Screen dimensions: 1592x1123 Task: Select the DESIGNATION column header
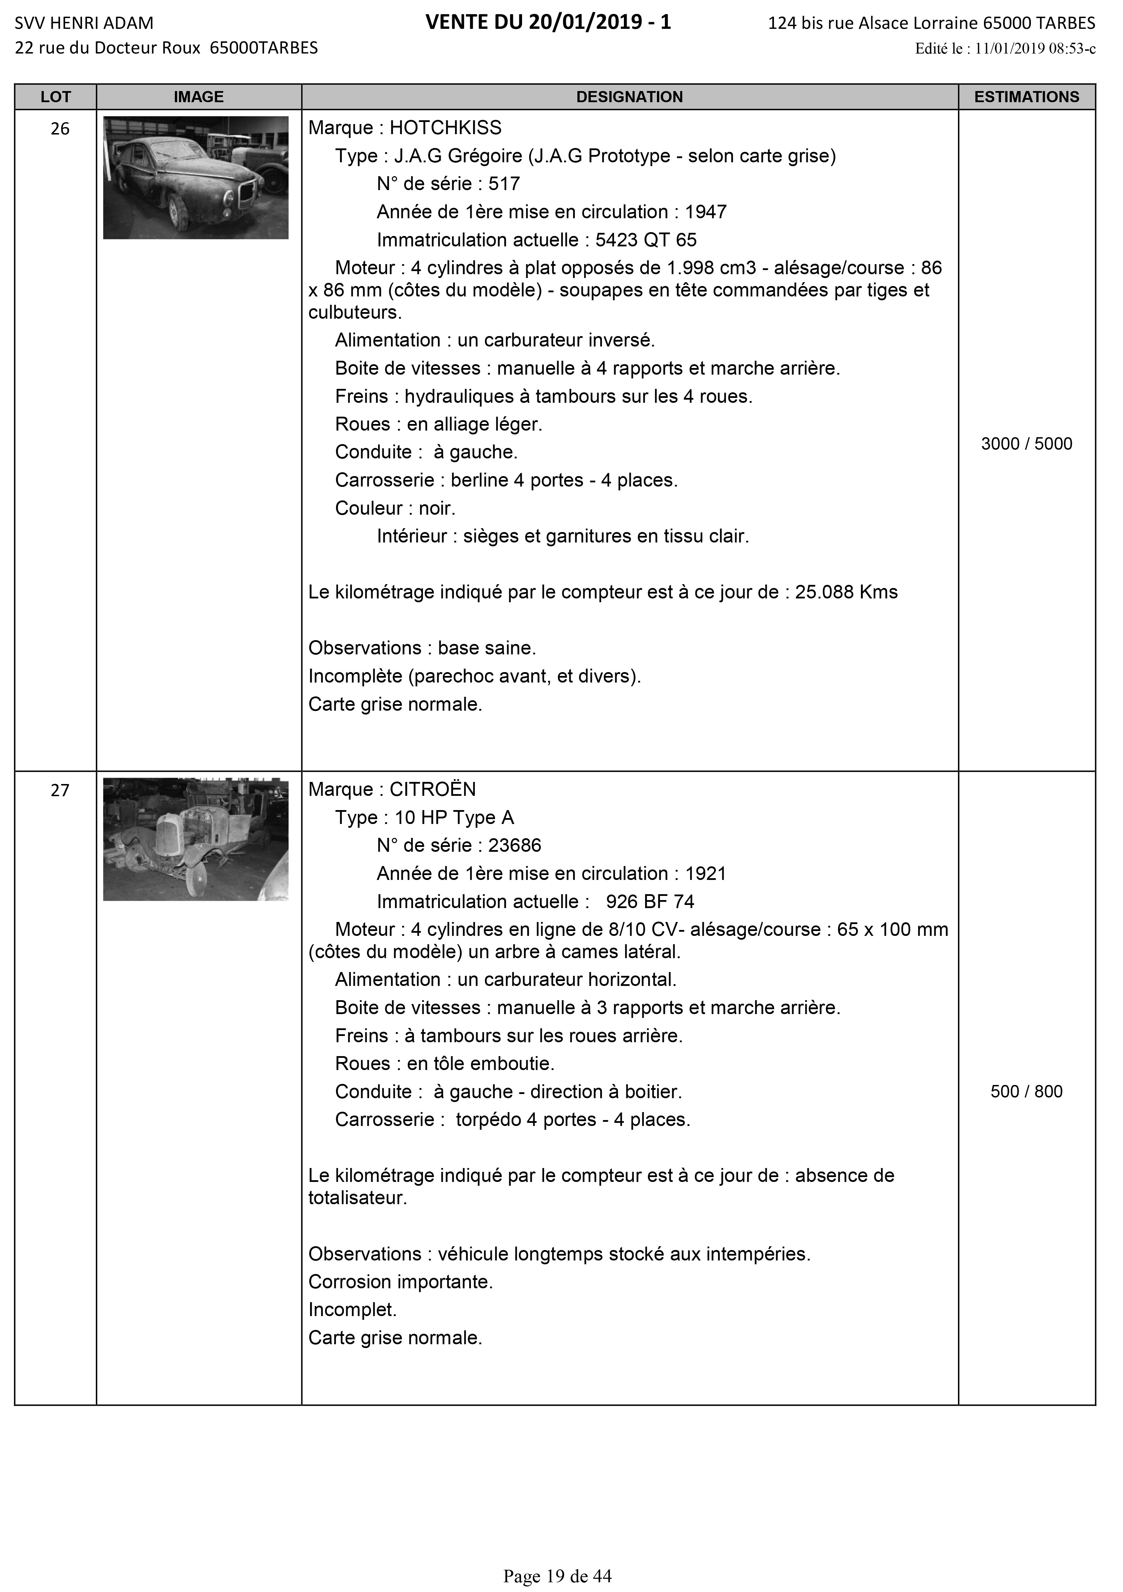629,97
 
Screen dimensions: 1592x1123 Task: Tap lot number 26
60,129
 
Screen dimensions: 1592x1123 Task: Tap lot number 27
60,791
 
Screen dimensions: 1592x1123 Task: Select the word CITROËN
433,790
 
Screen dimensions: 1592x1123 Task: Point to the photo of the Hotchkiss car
196,178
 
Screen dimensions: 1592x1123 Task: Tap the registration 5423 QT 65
646,240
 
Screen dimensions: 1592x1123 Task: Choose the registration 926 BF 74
650,902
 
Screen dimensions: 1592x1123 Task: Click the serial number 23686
515,846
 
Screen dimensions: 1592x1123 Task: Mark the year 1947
706,212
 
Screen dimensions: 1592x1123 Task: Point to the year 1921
706,874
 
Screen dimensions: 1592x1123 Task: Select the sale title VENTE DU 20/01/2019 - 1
548,23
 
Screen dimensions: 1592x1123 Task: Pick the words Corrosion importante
400,1282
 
